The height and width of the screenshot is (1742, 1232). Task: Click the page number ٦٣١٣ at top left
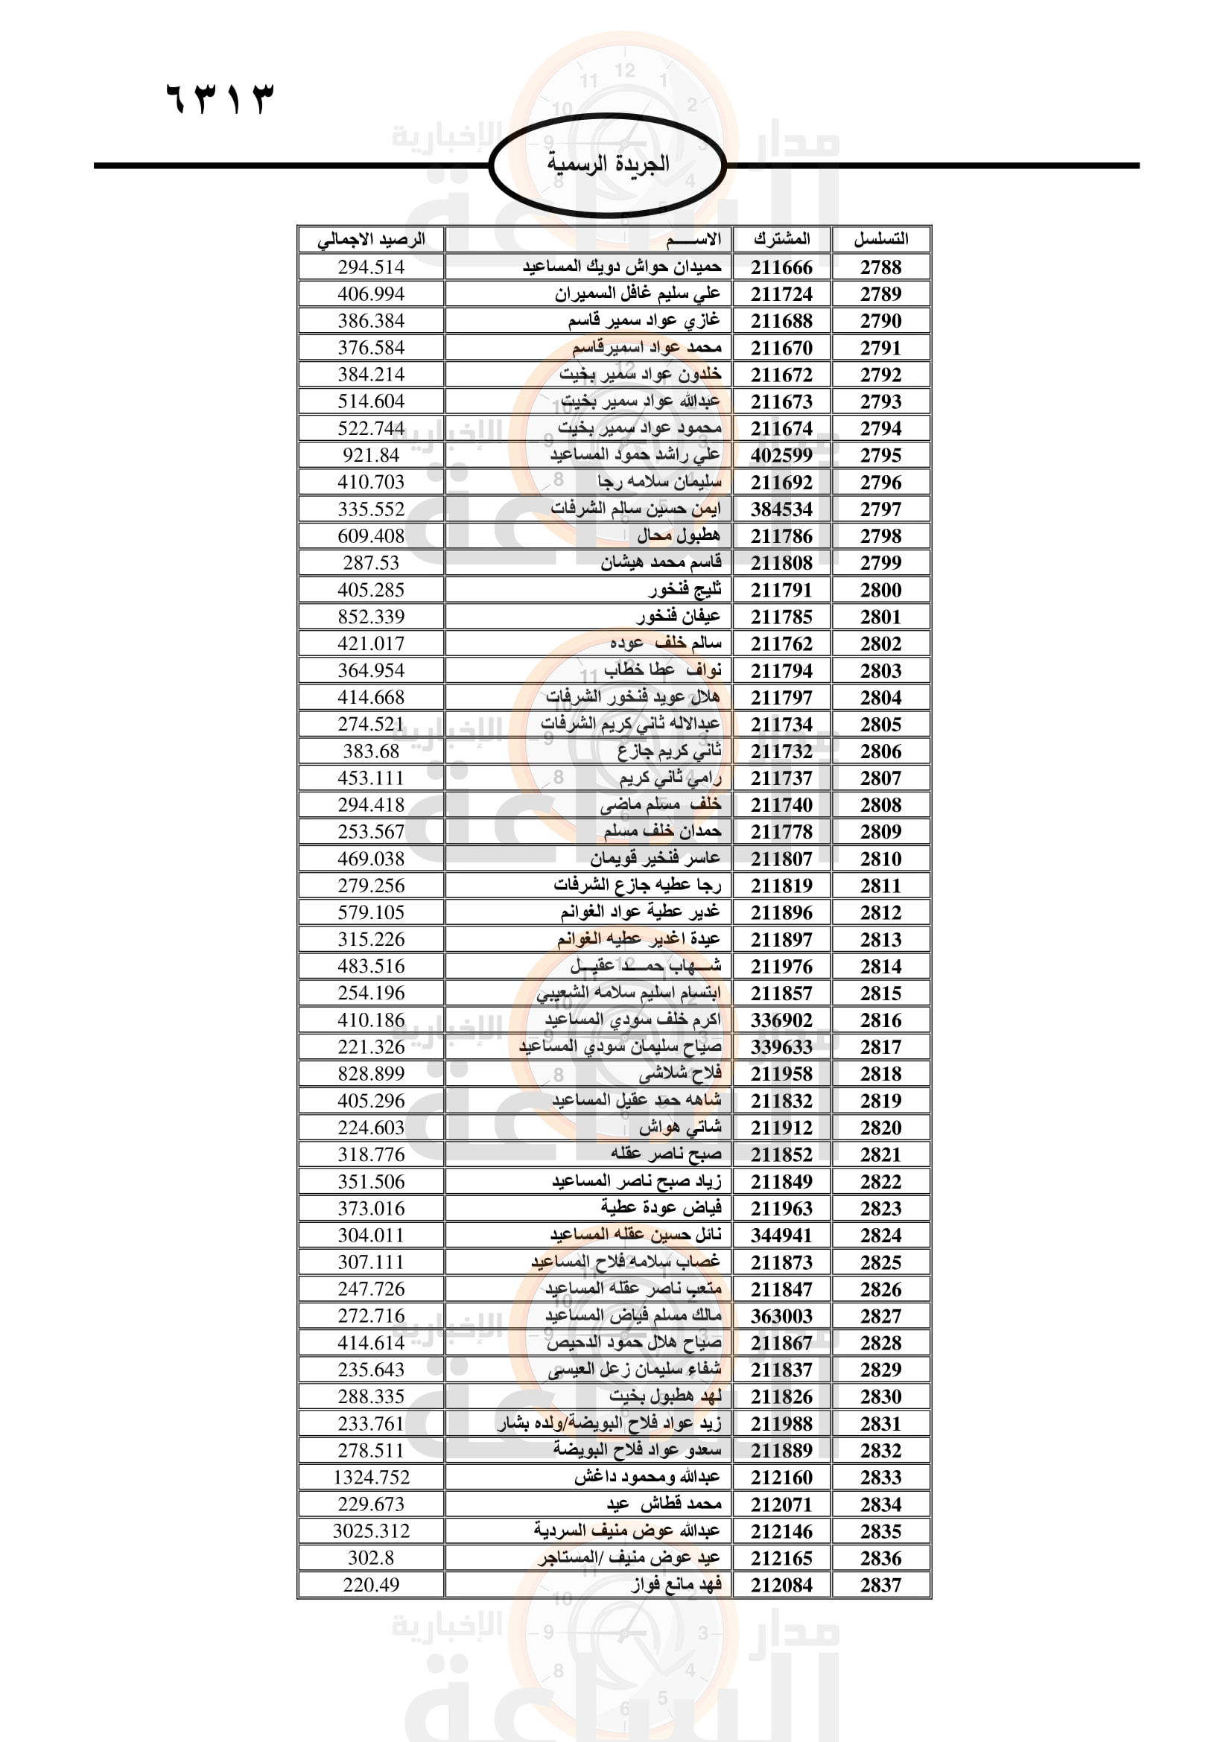coord(219,98)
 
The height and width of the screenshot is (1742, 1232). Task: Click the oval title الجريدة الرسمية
coord(608,163)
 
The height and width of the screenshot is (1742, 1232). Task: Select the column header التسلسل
coord(880,239)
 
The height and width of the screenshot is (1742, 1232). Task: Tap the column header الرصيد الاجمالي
coord(371,240)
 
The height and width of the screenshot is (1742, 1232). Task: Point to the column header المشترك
coord(781,239)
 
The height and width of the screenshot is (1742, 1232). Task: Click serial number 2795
coord(880,455)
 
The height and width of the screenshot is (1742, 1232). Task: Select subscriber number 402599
coord(781,455)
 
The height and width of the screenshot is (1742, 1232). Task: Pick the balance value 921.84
coord(371,455)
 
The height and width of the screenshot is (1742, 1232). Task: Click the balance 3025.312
coord(371,1531)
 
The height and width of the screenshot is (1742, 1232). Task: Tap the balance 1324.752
coord(371,1477)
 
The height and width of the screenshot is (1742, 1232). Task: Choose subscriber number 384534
coord(781,509)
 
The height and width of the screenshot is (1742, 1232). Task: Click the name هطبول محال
coord(679,535)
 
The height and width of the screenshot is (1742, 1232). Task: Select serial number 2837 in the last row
coord(880,1585)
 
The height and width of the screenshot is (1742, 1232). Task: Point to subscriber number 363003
coord(781,1315)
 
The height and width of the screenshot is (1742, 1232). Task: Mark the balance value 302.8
coord(371,1557)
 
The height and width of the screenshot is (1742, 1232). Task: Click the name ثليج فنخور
coord(685,590)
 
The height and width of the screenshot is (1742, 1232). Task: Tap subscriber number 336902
coord(781,1020)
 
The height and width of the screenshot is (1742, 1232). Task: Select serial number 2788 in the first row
coord(880,267)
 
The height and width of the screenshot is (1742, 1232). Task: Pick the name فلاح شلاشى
coord(680,1074)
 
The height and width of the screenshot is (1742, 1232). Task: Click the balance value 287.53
coord(371,563)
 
